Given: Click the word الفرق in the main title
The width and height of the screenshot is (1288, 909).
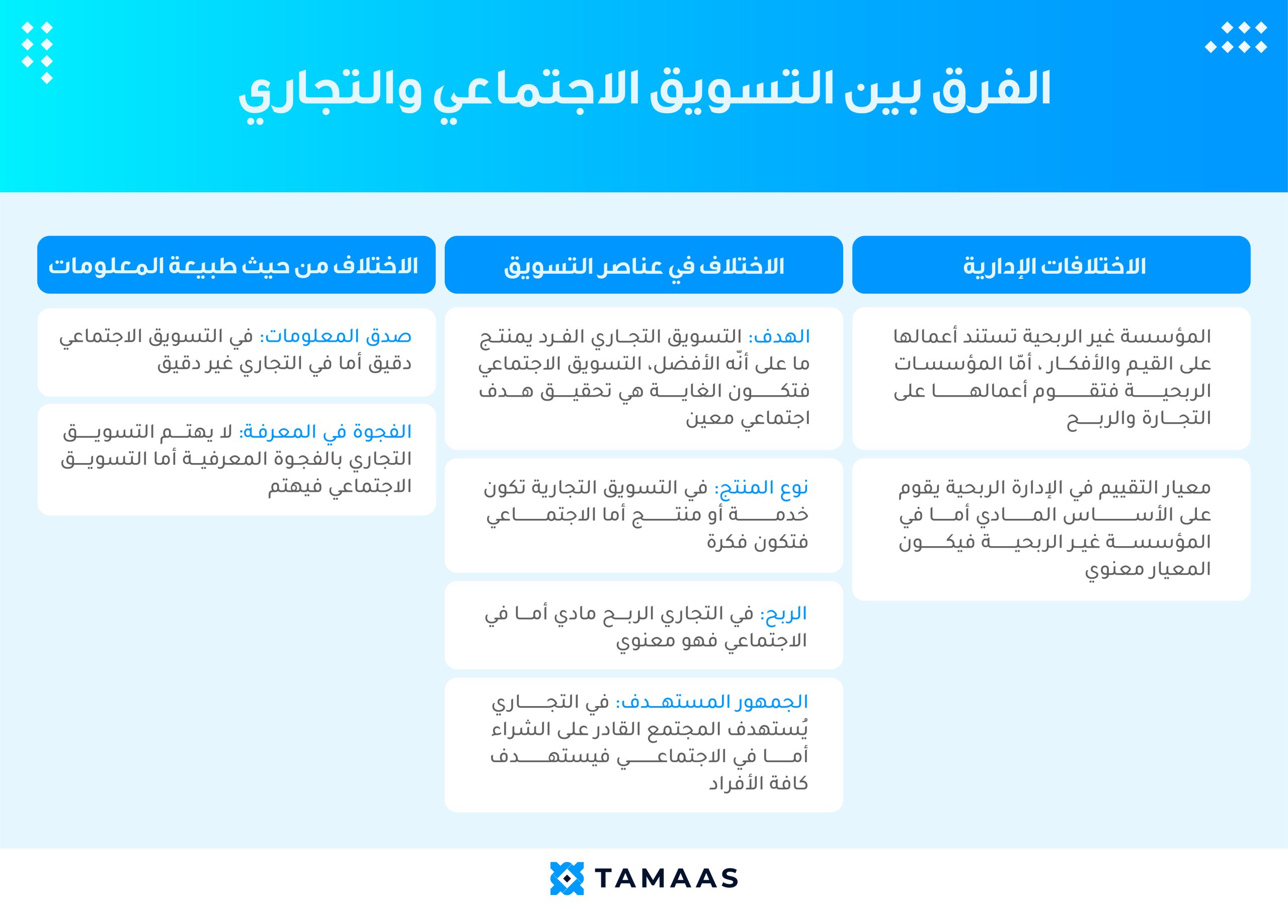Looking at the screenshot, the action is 991,90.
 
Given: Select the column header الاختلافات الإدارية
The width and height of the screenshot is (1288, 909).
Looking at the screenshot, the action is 1055,265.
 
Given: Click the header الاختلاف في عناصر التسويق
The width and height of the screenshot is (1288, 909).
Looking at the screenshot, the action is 644,266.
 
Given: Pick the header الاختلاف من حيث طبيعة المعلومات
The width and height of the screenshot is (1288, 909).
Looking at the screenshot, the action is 233,265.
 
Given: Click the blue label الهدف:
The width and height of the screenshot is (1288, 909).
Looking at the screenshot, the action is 779,336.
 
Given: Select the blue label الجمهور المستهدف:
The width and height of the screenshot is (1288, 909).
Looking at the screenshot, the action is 712,702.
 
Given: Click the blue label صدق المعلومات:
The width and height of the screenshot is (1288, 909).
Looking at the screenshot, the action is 336,336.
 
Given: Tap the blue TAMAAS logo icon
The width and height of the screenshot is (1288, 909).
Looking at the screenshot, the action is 567,878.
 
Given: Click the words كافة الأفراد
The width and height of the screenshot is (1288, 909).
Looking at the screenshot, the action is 758,783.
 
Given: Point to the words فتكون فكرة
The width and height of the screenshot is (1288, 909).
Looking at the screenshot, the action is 757,542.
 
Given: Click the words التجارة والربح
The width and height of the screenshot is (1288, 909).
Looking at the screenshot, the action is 1139,419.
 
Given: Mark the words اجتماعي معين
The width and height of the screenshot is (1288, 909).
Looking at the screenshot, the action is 748,419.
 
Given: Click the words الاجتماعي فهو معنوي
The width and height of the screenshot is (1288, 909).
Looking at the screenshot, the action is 712,641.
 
